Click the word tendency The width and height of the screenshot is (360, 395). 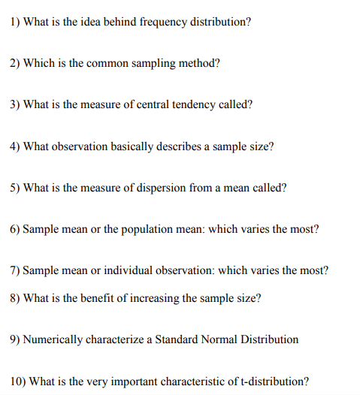pos(193,104)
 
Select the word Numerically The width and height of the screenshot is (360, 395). pos(50,339)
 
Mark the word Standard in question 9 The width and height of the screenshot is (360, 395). pos(175,339)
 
